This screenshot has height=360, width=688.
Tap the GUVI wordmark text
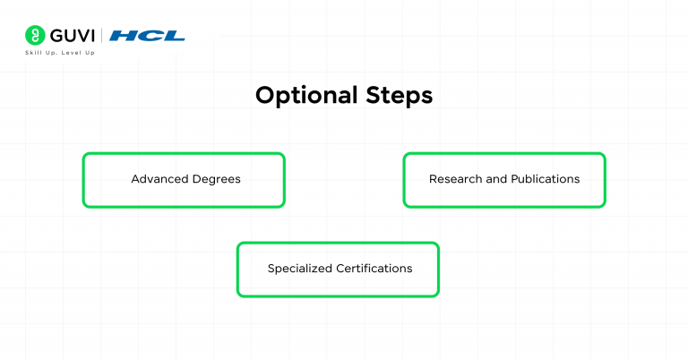tap(71, 36)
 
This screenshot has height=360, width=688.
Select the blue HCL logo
tap(148, 36)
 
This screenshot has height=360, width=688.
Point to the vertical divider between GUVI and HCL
tap(102, 36)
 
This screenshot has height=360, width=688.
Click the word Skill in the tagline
tap(32, 53)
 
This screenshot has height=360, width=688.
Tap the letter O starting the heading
tap(265, 96)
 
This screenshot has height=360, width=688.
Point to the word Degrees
tap(216, 179)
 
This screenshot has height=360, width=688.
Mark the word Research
tap(455, 179)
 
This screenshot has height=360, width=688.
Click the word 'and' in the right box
tap(496, 179)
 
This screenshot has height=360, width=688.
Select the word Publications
tap(545, 179)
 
